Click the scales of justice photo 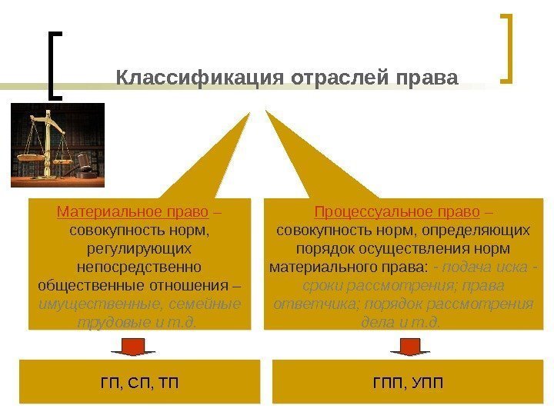point(58,145)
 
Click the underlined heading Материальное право point(133,211)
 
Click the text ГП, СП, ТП point(139,382)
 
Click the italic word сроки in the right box point(302,285)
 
